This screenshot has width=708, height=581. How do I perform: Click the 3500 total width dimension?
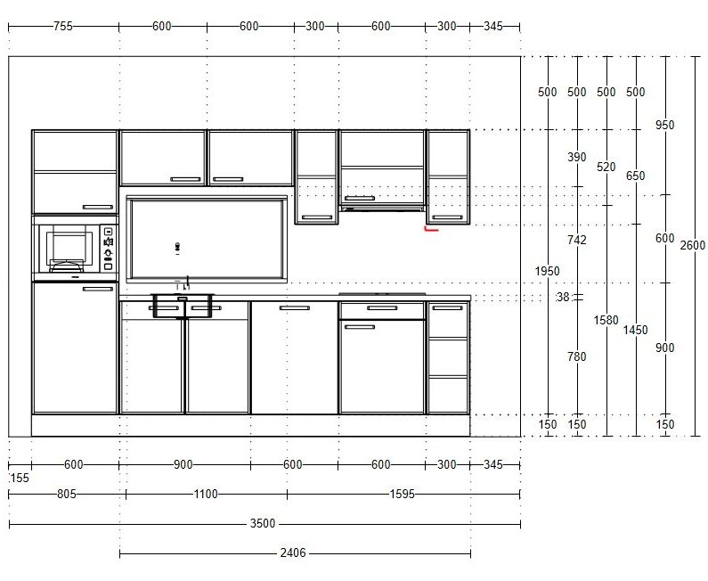[x=263, y=523]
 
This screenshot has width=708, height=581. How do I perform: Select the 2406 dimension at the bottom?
[x=293, y=552]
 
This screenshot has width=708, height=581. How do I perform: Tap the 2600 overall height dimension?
[x=693, y=245]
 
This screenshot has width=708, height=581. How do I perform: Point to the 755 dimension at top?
[x=62, y=26]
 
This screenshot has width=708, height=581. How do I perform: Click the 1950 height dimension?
[x=548, y=271]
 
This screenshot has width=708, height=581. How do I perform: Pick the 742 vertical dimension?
[x=577, y=240]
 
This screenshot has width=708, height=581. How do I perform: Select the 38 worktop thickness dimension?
[x=563, y=297]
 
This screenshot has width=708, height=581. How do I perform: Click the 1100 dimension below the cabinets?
[x=206, y=495]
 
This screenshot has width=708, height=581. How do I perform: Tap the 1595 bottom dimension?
[x=403, y=495]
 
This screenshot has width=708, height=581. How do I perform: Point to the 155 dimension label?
[x=19, y=478]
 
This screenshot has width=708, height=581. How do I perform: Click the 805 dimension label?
[x=67, y=495]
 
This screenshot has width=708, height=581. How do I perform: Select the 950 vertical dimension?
[x=664, y=125]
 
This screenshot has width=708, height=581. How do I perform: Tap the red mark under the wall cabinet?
[x=431, y=229]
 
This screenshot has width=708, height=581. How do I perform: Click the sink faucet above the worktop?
[x=185, y=284]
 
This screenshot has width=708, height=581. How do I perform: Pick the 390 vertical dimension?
[x=577, y=157]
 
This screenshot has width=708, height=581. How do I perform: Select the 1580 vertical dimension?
[x=606, y=320]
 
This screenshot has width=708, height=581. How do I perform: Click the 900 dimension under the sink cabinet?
[x=183, y=464]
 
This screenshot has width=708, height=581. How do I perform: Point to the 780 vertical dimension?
[x=577, y=357]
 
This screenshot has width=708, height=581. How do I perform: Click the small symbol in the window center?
[x=178, y=247]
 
